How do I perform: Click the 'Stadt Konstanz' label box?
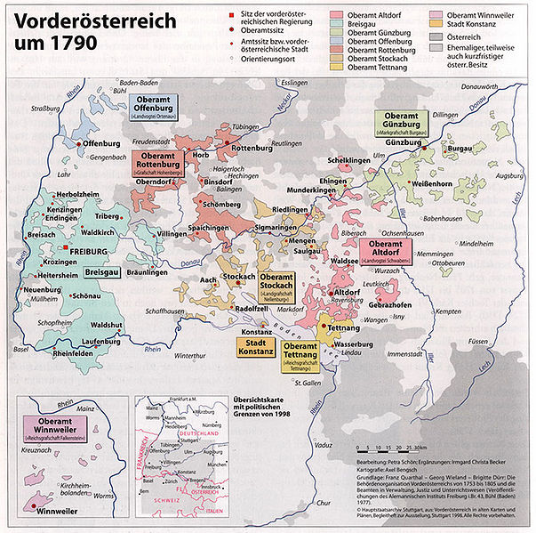pyautogui.click(x=254, y=345)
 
